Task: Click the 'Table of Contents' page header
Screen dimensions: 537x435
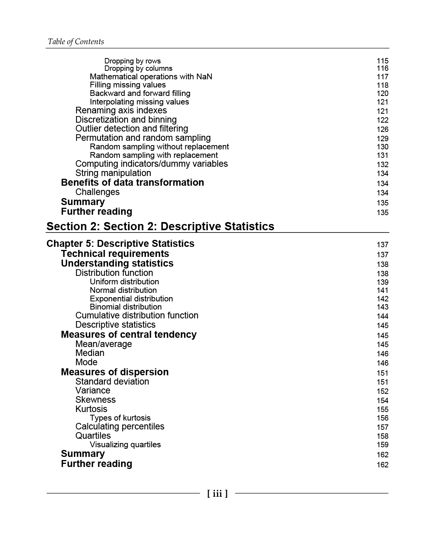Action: [x=76, y=42]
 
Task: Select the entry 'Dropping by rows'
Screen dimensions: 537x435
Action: [x=132, y=61]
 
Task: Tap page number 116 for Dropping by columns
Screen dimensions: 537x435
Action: [x=382, y=68]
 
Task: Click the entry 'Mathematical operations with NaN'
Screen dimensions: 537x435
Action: [x=151, y=77]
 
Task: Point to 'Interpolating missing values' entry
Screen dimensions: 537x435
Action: [x=139, y=102]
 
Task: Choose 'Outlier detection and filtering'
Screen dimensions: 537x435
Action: [x=131, y=129]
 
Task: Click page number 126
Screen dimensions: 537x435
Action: [x=382, y=129]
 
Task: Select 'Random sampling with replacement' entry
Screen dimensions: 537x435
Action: [x=154, y=155]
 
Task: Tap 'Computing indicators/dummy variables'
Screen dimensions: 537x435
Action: [x=152, y=164]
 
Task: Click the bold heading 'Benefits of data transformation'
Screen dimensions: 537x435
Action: [x=132, y=183]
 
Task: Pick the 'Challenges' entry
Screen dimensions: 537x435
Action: [x=97, y=192]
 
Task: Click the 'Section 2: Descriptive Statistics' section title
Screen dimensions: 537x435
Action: [x=160, y=226]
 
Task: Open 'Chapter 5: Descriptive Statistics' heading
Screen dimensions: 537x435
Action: [x=120, y=244]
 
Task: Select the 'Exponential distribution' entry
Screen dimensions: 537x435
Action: [x=131, y=299]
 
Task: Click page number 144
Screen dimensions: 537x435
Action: [x=382, y=316]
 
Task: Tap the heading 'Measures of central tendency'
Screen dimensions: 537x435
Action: [x=128, y=335]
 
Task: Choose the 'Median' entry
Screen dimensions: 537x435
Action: [x=90, y=353]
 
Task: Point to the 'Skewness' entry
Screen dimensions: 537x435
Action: [x=95, y=400]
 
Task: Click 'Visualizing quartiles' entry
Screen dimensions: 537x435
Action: [x=125, y=445]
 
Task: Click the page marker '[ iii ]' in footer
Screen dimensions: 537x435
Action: [x=217, y=493]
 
